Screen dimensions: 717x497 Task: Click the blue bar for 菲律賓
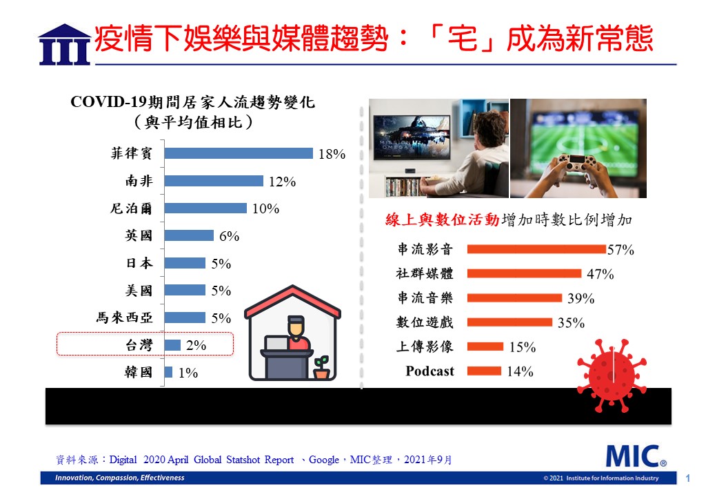coord(239,153)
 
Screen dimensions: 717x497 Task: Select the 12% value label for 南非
coord(282,182)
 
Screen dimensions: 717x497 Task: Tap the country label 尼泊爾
coord(131,208)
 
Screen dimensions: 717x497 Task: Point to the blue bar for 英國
coord(189,235)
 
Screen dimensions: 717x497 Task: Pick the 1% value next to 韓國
coord(188,373)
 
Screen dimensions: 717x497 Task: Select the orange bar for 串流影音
coord(536,249)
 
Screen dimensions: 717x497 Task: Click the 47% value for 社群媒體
coord(600,274)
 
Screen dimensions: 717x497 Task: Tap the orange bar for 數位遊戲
coord(509,322)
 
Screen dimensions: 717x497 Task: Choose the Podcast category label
coord(430,371)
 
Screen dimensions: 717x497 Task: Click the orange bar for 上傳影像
coord(485,347)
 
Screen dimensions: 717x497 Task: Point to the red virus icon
coord(612,376)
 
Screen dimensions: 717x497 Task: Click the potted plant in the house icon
coord(322,367)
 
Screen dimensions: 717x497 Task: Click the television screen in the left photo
coord(412,137)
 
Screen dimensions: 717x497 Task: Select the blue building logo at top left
coord(65,44)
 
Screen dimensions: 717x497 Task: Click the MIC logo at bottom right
coord(636,456)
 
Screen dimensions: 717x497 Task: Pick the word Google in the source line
coord(324,460)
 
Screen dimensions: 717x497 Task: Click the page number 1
coord(687,478)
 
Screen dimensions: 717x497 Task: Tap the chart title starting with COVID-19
coord(192,112)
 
